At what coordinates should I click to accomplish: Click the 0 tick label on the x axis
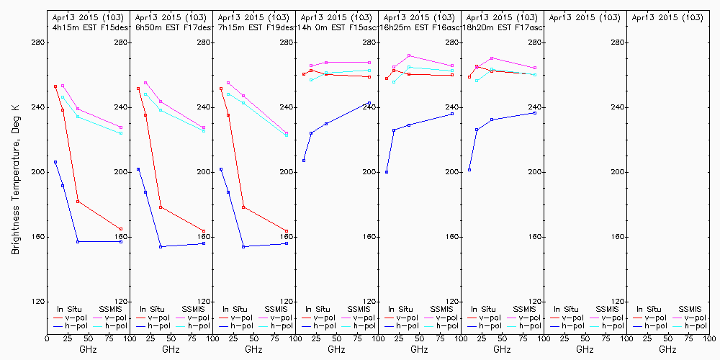[47, 336]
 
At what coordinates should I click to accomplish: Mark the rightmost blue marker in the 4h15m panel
[121, 242]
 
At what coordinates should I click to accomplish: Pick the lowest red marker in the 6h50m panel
[204, 231]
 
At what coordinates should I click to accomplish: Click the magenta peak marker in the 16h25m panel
[409, 55]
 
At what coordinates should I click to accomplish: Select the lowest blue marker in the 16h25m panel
[387, 172]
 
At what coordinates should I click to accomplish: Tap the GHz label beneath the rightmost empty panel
[667, 349]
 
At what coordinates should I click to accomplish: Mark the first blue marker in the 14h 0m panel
[304, 161]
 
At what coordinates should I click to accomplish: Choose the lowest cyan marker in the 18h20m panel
[477, 81]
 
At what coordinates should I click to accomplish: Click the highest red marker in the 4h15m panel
[55, 86]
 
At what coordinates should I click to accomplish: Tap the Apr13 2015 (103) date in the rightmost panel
[667, 17]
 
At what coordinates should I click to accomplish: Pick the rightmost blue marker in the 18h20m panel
[535, 113]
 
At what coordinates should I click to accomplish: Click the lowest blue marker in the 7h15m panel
[243, 247]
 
